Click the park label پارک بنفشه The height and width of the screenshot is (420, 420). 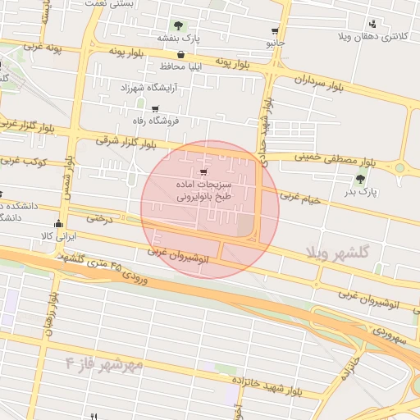click(179, 38)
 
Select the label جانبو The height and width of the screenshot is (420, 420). click(275, 41)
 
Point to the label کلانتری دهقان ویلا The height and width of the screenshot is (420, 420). click(374, 37)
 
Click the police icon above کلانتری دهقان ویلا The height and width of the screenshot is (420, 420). click(374, 24)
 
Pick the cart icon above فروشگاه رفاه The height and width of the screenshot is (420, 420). click(154, 108)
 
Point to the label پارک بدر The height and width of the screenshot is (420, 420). click(360, 191)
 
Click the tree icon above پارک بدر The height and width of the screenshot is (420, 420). click(360, 178)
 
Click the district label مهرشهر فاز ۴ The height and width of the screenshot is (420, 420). click(104, 362)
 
